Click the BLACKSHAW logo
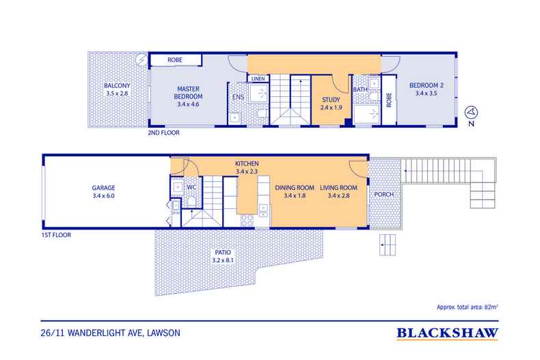(447, 333)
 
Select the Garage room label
(103, 188)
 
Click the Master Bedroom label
(188, 93)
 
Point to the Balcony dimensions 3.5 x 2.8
(117, 94)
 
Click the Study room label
(331, 100)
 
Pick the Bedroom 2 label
(427, 85)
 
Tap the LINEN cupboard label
(258, 79)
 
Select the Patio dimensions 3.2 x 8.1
(223, 260)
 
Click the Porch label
(384, 195)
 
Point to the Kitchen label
(247, 164)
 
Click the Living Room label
(338, 188)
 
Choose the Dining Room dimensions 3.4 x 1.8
(295, 195)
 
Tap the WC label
(191, 187)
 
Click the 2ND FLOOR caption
(163, 133)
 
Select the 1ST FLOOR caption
(56, 235)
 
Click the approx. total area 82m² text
(468, 307)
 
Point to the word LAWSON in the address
(163, 333)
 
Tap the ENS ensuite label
(238, 98)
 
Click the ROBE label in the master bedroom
(175, 60)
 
